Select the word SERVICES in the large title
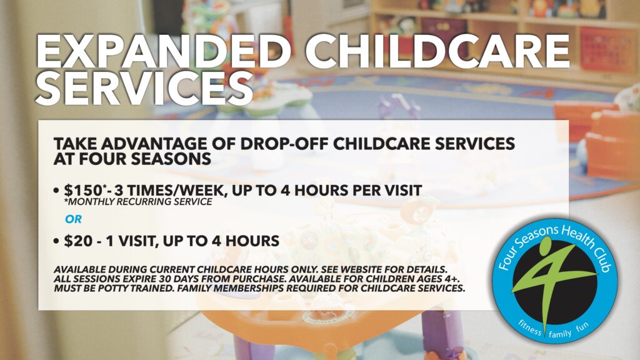click(144, 88)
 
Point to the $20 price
click(78, 241)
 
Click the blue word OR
click(74, 219)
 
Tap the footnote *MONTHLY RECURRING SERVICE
click(138, 202)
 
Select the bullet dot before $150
click(56, 191)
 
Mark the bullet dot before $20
click(56, 241)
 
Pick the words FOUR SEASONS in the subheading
click(145, 159)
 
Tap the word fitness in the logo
click(530, 327)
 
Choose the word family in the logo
click(560, 334)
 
